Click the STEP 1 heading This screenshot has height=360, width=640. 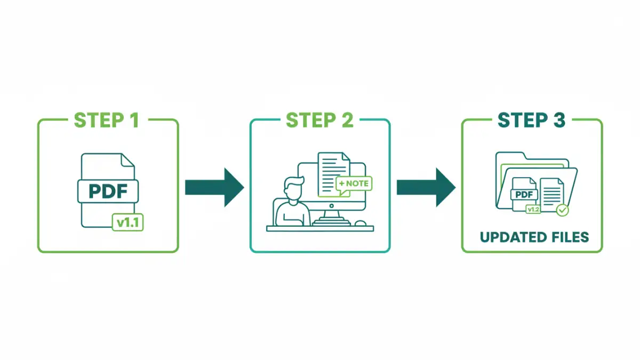[x=107, y=120]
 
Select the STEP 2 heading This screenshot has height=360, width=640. [x=319, y=120]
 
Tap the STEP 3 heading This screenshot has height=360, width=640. [x=531, y=120]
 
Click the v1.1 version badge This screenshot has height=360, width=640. [x=128, y=223]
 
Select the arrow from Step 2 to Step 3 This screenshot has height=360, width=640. [x=426, y=187]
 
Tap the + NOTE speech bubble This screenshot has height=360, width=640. [x=353, y=183]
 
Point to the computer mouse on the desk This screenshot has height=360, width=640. [x=361, y=223]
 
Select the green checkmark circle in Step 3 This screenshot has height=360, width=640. [x=562, y=210]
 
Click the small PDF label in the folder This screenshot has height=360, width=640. [x=524, y=194]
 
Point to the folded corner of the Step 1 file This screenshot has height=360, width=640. [x=127, y=159]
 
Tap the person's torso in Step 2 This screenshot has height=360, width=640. [x=293, y=213]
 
